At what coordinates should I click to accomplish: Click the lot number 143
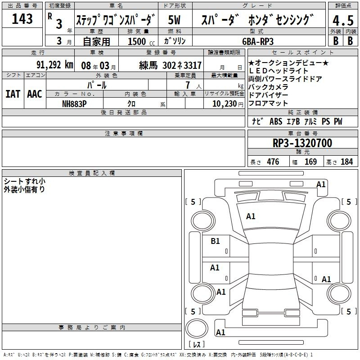[x=22, y=19]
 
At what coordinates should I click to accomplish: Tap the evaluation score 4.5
[x=343, y=21]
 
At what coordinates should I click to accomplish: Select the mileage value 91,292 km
[x=55, y=65]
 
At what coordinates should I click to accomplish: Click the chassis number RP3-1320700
[x=302, y=143]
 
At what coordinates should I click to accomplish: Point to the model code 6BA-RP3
[x=258, y=41]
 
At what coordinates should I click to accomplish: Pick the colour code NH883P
[x=74, y=104]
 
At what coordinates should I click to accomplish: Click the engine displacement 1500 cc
[x=141, y=41]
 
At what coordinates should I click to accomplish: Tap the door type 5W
[x=174, y=20]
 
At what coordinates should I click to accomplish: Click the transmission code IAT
[x=13, y=94]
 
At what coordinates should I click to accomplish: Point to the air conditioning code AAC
[x=35, y=94]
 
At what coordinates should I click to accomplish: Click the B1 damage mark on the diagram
[x=215, y=241]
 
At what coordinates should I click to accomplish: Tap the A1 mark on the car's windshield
[x=251, y=216]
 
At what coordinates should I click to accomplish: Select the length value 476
[x=273, y=162]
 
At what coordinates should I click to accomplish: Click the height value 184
[x=346, y=162]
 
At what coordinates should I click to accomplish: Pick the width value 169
[x=310, y=162]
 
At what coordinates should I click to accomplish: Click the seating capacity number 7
[x=188, y=85]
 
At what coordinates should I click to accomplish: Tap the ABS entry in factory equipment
[x=276, y=121]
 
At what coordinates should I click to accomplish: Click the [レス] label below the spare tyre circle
[x=197, y=344]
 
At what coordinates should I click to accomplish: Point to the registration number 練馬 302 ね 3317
[x=171, y=65]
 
